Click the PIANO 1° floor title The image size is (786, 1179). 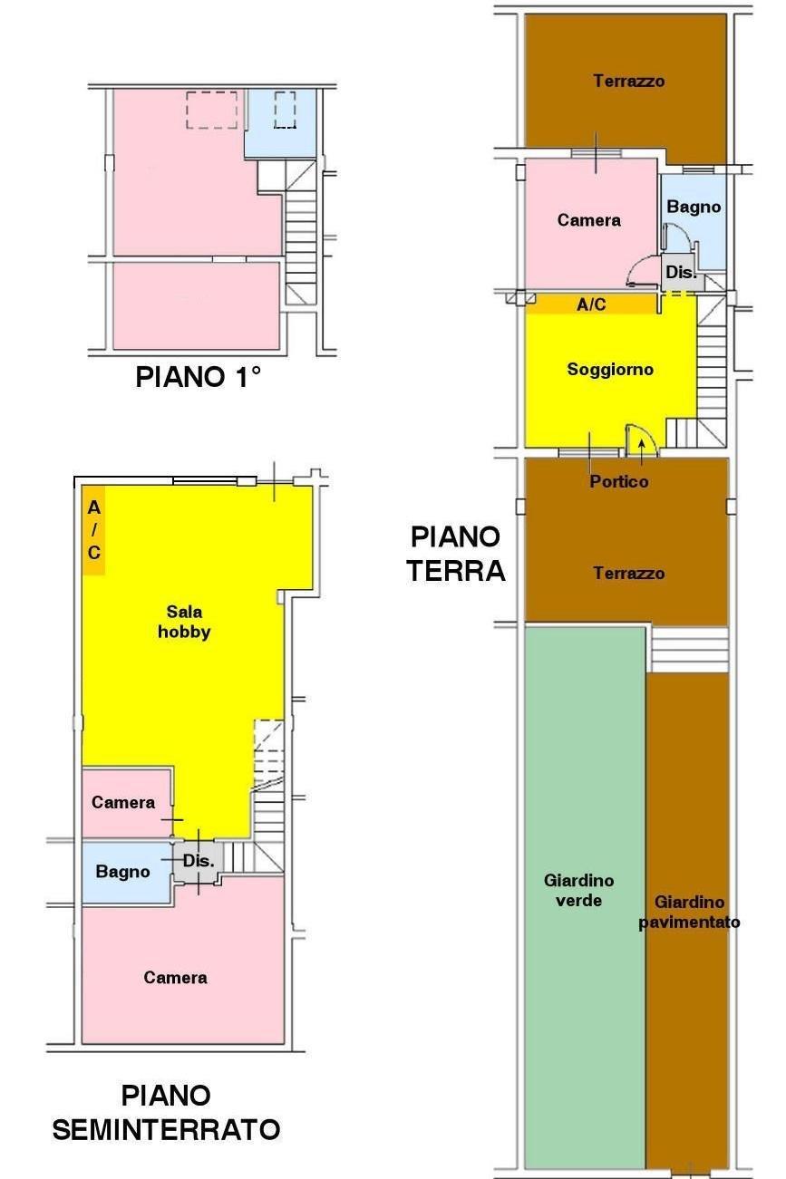click(198, 377)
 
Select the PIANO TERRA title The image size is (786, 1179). click(456, 554)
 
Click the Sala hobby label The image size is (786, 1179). click(184, 622)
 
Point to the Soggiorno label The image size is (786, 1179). click(610, 370)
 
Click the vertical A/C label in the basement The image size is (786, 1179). click(93, 530)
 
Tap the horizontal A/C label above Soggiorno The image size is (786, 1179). click(591, 304)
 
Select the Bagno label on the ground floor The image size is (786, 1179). click(694, 207)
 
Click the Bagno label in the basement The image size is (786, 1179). click(122, 872)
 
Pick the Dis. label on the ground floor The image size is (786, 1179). click(681, 272)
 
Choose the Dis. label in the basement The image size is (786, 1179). click(199, 861)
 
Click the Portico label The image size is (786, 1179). click(618, 481)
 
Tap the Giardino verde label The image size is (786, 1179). click(578, 890)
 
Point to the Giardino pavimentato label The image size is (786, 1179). click(689, 912)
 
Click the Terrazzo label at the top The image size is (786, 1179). click(628, 81)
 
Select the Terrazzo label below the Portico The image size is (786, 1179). click(628, 573)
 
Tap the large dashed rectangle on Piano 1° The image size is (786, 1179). click(211, 110)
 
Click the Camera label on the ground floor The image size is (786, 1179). click(588, 220)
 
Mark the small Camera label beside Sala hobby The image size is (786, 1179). click(123, 802)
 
